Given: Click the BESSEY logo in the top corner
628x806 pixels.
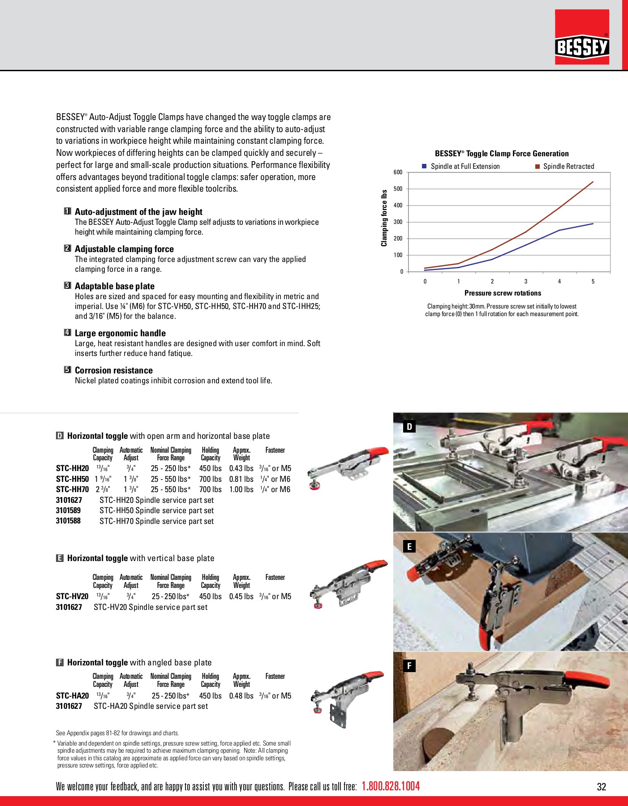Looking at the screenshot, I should click(x=582, y=47).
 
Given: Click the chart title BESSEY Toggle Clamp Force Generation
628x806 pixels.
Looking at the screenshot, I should click(x=502, y=154).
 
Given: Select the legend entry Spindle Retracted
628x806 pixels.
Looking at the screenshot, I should click(x=568, y=167).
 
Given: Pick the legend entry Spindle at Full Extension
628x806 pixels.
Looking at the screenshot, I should click(x=465, y=167).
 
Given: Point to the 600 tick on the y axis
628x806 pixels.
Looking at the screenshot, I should click(x=398, y=172).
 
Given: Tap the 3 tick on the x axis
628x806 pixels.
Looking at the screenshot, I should click(x=526, y=282).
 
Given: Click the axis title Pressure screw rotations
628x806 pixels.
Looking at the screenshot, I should click(x=503, y=293).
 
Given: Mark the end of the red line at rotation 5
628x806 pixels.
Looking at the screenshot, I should click(x=593, y=182).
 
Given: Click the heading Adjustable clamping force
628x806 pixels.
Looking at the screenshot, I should click(x=124, y=249).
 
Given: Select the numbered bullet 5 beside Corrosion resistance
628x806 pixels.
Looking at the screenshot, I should click(x=68, y=370).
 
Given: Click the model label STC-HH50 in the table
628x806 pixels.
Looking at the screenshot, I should click(x=72, y=479).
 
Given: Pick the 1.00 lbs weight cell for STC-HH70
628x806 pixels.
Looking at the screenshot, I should click(x=241, y=490).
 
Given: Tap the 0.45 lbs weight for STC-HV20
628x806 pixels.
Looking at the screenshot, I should click(x=241, y=596).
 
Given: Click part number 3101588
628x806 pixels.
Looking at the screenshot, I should click(x=68, y=521).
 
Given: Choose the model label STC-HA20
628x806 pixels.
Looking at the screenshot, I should click(x=72, y=696).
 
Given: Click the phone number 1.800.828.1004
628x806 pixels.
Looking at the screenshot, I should click(x=391, y=786).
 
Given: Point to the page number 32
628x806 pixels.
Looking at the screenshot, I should click(x=601, y=787).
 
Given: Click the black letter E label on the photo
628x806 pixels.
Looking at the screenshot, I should click(x=409, y=546).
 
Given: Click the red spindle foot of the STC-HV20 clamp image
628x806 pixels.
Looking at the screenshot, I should click(x=318, y=606).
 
